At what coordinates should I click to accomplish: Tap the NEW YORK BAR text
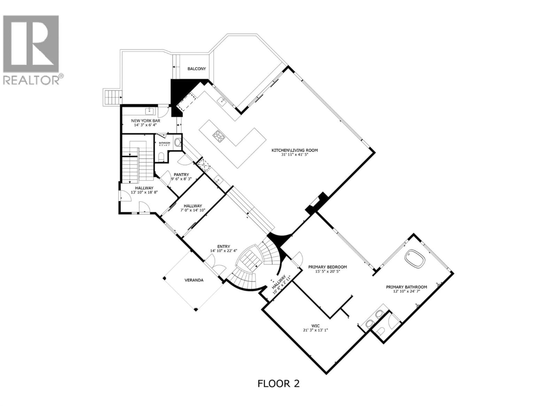coord(145,121)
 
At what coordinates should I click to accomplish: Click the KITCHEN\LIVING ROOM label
coord(294,150)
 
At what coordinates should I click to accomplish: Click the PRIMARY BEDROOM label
coord(327,267)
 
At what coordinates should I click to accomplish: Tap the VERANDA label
coord(194,280)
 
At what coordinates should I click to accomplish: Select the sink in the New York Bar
coord(150,111)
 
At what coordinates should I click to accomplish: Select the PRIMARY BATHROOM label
coord(406,287)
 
